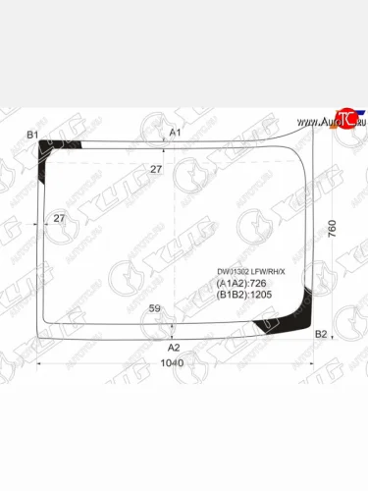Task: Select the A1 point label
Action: pos(175,133)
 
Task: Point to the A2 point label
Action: pos(174,347)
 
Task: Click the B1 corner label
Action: pos(32,134)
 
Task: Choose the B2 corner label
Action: pos(320,336)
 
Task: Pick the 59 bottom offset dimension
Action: pos(154,309)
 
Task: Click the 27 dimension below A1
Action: pos(155,170)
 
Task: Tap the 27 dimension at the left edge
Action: pos(59,218)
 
